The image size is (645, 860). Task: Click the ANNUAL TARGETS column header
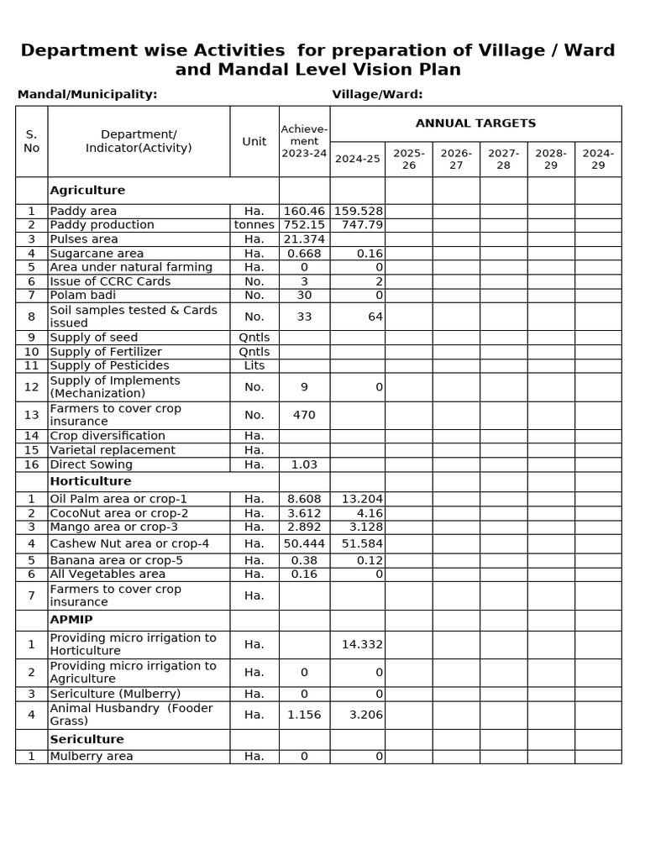click(475, 123)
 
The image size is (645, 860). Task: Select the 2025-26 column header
click(409, 159)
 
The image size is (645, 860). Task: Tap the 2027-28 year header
click(503, 159)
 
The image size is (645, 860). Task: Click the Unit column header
click(254, 141)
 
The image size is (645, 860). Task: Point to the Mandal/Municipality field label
click(87, 94)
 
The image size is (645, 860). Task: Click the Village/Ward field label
click(377, 94)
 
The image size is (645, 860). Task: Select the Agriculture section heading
click(87, 191)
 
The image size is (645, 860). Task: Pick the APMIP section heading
click(71, 620)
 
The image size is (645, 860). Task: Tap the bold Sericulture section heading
click(87, 739)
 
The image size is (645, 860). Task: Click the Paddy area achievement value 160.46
click(304, 212)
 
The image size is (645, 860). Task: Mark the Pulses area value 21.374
click(304, 239)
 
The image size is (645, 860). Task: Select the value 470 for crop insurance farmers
click(304, 415)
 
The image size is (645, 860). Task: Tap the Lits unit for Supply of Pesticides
click(254, 365)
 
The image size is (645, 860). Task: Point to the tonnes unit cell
click(254, 225)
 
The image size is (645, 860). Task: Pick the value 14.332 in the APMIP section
click(362, 644)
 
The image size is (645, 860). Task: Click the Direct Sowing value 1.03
click(304, 464)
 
